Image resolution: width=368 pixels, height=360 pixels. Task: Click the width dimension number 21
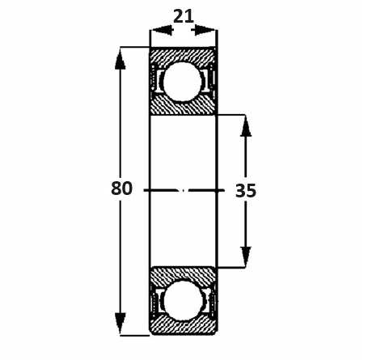pos(184,16)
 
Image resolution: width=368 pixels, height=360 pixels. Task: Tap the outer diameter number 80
pos(121,188)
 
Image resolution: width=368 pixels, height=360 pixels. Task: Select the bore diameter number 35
pos(246,191)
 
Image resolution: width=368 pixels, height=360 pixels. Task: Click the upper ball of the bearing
pos(182,82)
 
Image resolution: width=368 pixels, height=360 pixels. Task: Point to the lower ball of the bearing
pos(183,300)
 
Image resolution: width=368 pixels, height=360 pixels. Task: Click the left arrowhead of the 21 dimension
pos(161,30)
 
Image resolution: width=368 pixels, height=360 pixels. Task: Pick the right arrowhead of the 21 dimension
pos(205,30)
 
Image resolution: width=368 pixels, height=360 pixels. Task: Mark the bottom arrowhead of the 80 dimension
pos(121,324)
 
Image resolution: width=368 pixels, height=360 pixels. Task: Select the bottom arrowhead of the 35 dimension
pos(246,257)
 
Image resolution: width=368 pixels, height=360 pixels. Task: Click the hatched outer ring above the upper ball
pos(183,56)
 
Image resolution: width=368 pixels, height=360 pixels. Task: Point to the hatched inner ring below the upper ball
pos(183,105)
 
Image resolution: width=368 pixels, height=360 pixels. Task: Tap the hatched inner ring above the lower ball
pos(183,277)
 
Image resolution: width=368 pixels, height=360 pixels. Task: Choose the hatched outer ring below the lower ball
pos(183,325)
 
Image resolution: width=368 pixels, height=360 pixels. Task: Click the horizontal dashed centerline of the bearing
pos(184,191)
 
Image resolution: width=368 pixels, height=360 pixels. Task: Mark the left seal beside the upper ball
pos(155,81)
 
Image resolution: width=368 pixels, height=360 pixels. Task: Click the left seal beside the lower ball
pos(155,300)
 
